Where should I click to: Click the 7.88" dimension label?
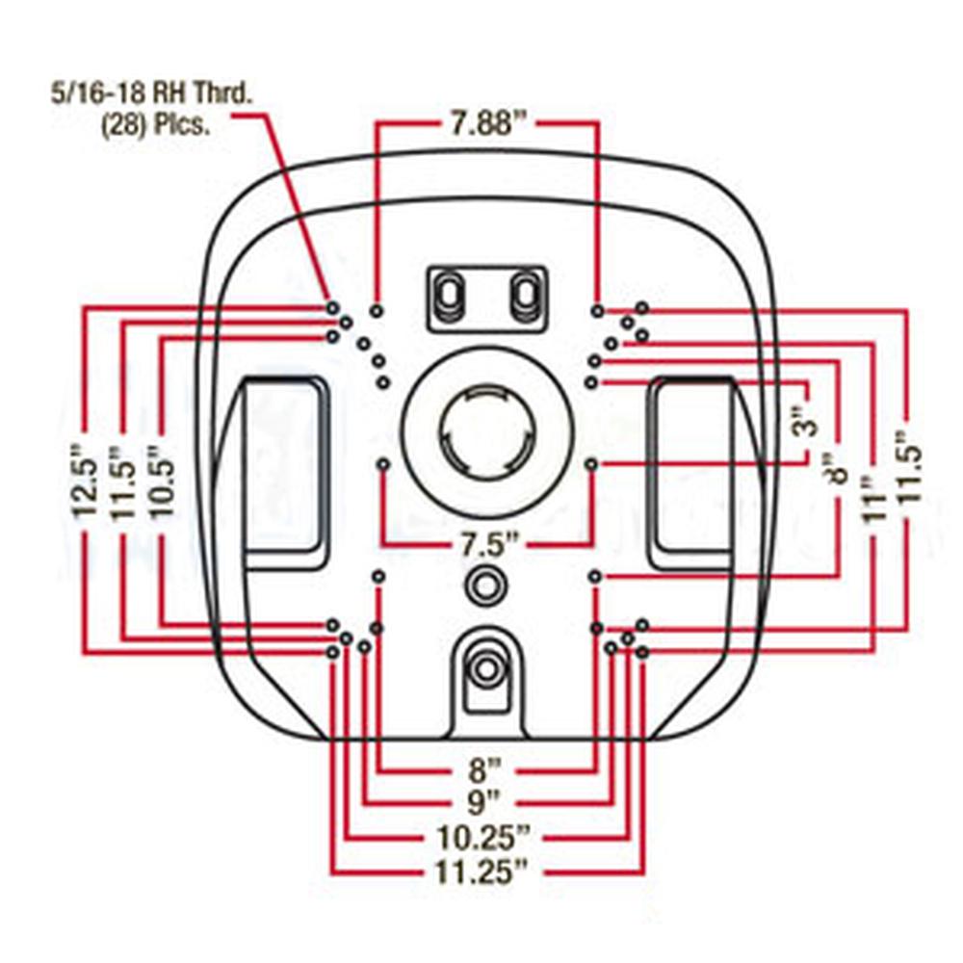pyautogui.click(x=485, y=124)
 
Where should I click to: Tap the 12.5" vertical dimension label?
pyautogui.click(x=88, y=481)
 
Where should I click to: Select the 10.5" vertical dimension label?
pyautogui.click(x=161, y=481)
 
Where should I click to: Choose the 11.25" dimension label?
pyautogui.click(x=484, y=872)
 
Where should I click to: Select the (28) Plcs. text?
pyautogui.click(x=155, y=126)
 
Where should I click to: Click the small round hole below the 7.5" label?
pyautogui.click(x=485, y=584)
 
